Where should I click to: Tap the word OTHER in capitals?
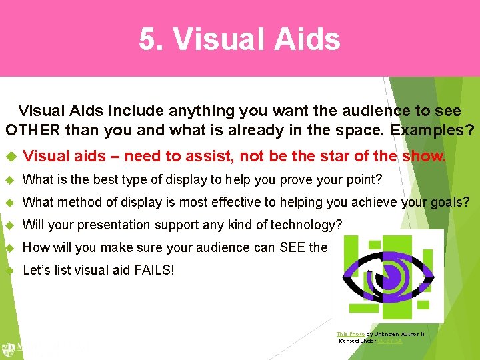(x=33, y=129)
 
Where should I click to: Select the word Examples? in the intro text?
(x=433, y=129)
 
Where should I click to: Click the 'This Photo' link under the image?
(x=349, y=333)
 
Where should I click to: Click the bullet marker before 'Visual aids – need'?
(x=10, y=157)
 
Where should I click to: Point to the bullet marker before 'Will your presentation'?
(x=10, y=225)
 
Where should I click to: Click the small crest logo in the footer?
(x=9, y=348)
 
